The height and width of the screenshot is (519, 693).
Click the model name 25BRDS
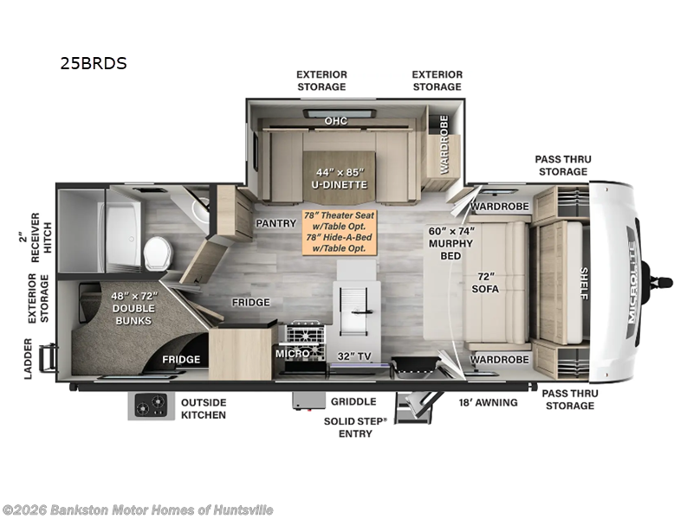click(94, 63)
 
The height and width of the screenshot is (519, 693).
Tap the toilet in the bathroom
click(158, 252)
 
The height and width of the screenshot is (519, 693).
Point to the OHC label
click(336, 120)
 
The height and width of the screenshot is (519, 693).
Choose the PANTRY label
click(276, 223)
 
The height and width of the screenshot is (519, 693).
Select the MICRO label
click(293, 354)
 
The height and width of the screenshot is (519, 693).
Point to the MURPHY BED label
click(450, 243)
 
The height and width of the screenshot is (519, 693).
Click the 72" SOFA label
click(485, 282)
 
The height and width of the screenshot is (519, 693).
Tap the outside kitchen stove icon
click(148, 405)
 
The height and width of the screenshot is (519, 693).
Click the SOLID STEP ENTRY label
click(355, 426)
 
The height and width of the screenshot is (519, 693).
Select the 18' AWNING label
click(489, 402)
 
